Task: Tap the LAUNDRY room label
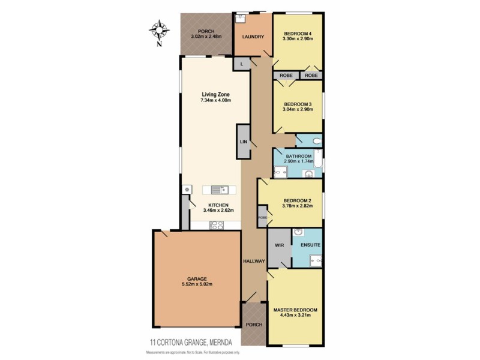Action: pos(253,37)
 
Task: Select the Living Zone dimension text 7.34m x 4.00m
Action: pos(215,101)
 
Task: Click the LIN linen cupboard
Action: pos(244,142)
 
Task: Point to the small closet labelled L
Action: pos(242,64)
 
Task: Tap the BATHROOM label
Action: pos(298,156)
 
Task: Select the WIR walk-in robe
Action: pos(278,245)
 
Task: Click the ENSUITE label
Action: pos(311,245)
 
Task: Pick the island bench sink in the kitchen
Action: pos(220,190)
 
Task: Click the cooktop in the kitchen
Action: pos(216,225)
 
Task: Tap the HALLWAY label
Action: pos(254,261)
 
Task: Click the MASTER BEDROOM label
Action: pos(295,310)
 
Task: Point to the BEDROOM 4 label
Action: pos(298,32)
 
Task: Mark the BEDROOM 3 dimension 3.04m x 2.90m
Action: pos(298,109)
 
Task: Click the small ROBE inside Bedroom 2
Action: pos(262,217)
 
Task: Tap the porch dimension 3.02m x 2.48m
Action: pos(206,37)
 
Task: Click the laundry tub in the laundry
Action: pos(239,18)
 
